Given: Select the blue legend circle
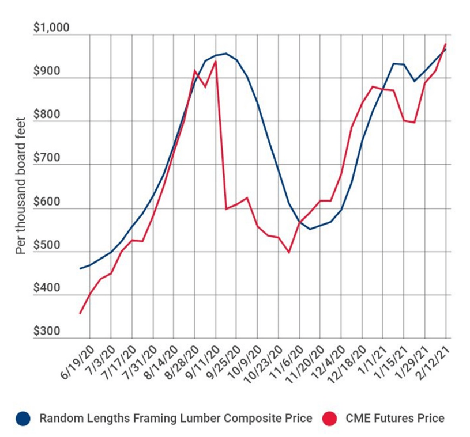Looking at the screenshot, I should [23, 419].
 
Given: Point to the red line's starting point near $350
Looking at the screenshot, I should [80, 313].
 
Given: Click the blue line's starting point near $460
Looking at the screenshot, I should [80, 268].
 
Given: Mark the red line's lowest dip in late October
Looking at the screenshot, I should [289, 252].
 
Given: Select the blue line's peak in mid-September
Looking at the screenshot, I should [226, 54].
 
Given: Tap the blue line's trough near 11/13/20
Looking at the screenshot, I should [310, 229].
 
